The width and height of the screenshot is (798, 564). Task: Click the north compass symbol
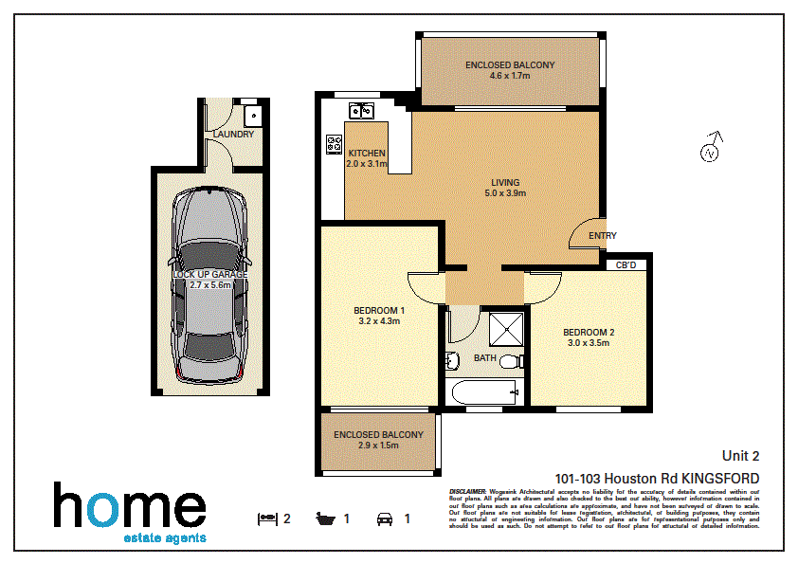click(710, 151)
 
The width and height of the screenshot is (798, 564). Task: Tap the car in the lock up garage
click(208, 283)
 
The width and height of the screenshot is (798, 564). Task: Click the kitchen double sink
click(362, 110)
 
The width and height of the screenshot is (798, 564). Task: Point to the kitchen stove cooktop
click(335, 145)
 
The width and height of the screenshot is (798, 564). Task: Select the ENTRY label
click(602, 236)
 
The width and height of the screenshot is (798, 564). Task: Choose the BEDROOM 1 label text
click(379, 310)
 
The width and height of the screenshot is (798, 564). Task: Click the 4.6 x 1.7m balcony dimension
click(509, 76)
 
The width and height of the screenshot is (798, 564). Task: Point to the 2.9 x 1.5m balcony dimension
click(378, 446)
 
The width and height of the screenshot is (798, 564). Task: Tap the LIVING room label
click(504, 182)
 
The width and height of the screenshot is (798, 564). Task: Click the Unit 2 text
click(740, 456)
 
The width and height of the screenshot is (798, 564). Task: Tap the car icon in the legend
click(386, 519)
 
